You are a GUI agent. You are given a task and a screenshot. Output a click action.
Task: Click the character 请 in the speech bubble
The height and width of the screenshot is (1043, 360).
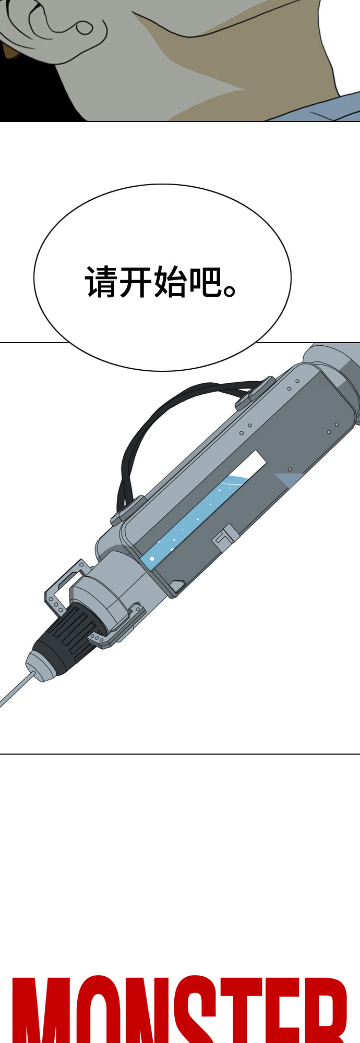coord(101,283)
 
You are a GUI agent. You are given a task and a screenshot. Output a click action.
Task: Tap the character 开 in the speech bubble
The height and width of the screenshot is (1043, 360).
coord(135,283)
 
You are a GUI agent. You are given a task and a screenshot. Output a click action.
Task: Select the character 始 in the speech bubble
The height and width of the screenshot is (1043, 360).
coord(170,283)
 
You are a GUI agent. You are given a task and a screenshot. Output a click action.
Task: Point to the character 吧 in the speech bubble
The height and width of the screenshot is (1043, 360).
coord(204,283)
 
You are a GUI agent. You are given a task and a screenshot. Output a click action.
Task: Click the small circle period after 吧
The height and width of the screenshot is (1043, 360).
coord(230,290)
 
